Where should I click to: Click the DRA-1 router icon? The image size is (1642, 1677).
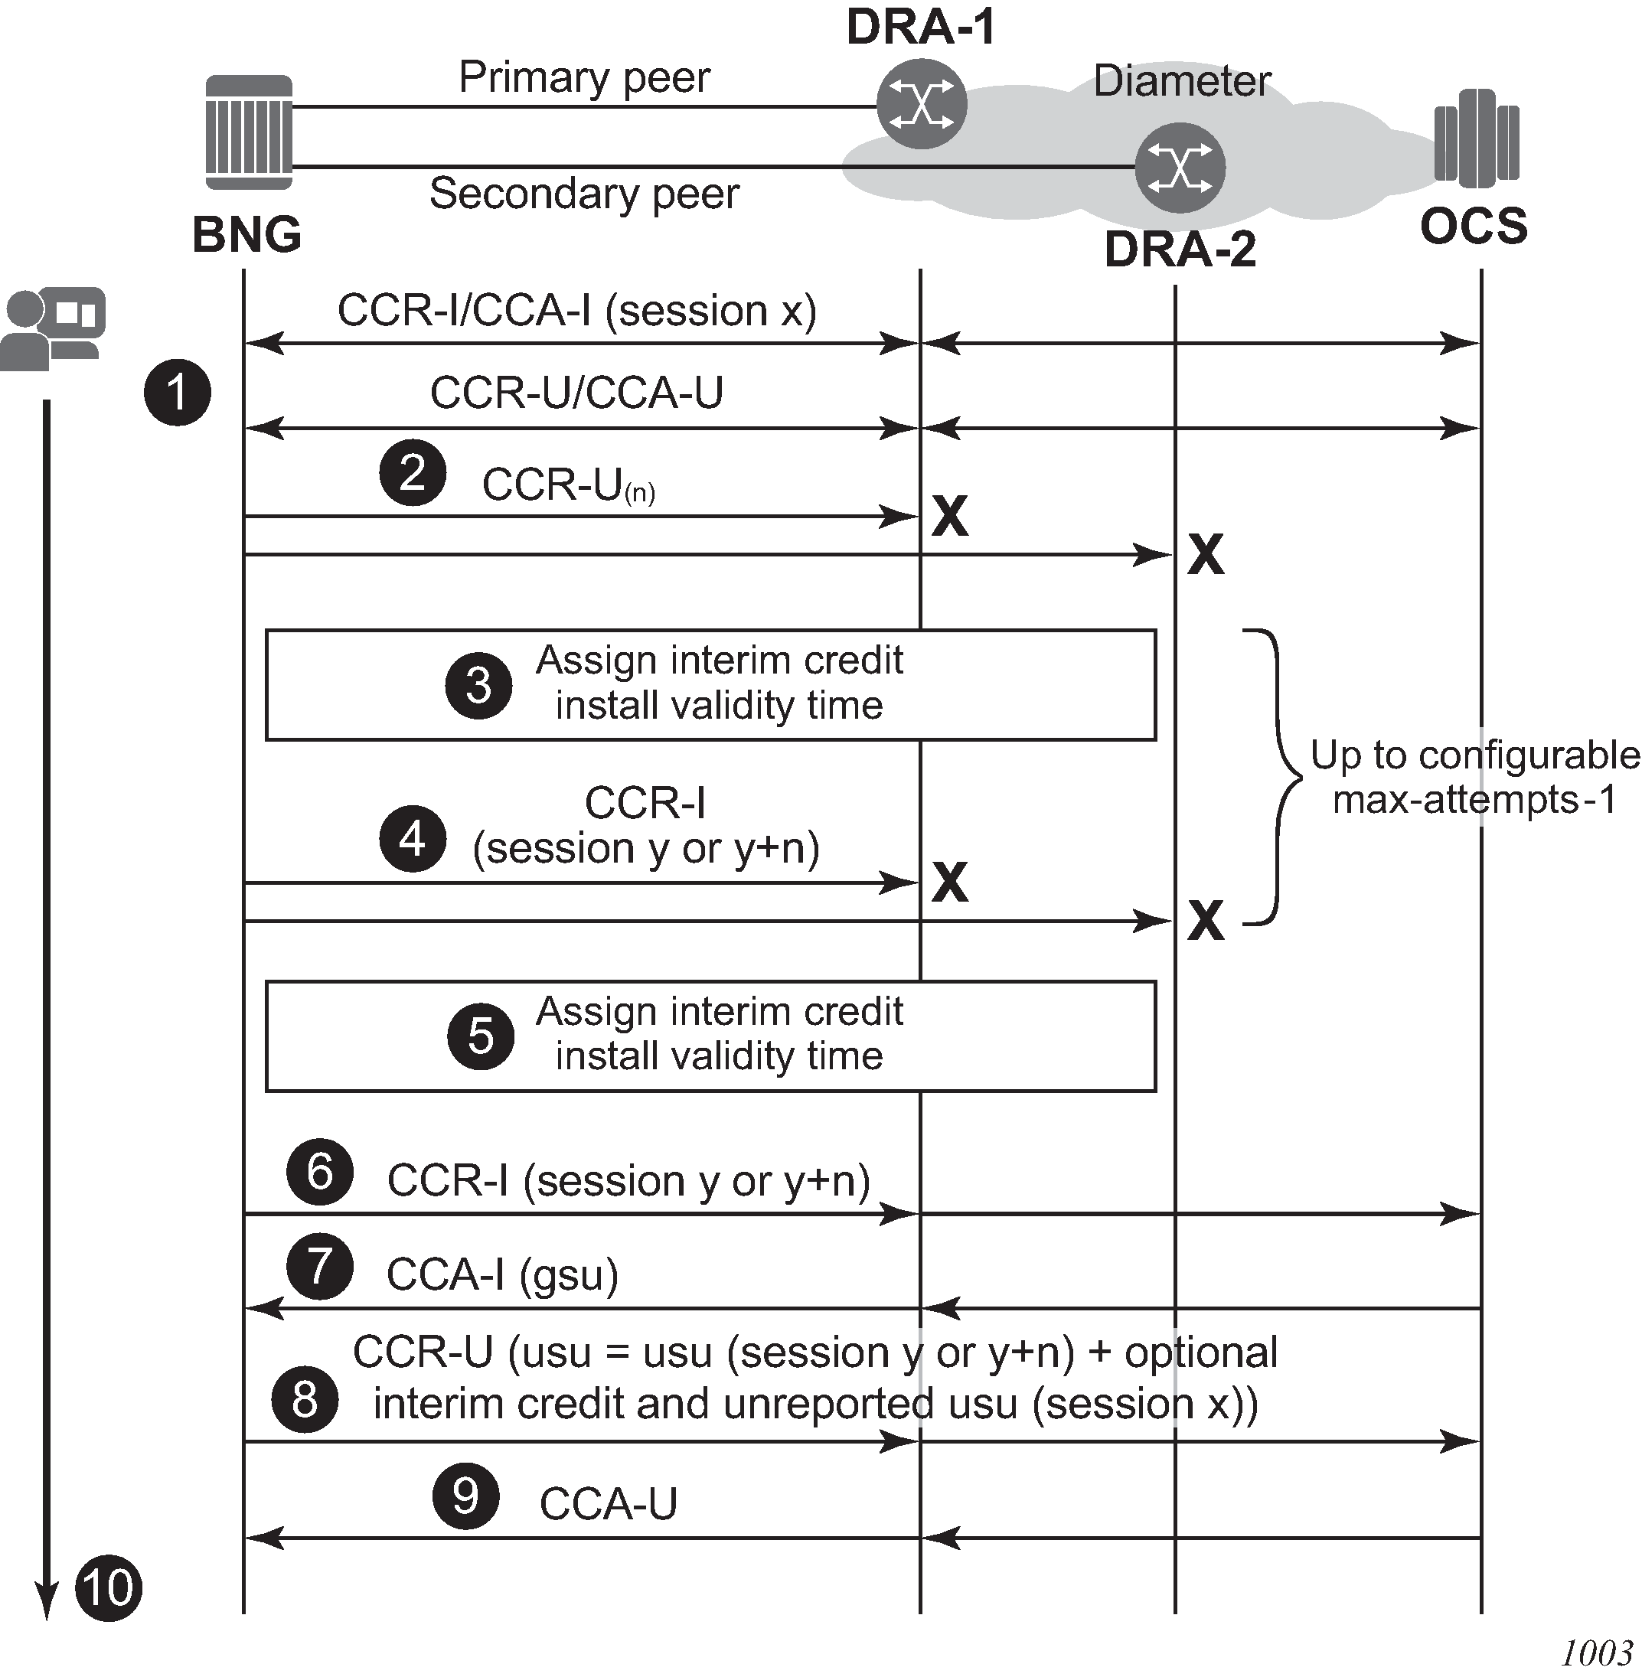(x=921, y=104)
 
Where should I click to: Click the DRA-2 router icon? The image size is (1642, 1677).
(x=1179, y=168)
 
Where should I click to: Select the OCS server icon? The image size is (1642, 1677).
(x=1476, y=138)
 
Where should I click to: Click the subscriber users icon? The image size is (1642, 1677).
(x=53, y=328)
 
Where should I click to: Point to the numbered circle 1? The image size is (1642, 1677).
(x=177, y=393)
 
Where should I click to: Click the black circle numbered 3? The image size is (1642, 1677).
(x=478, y=686)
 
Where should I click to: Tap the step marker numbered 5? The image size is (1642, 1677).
(x=481, y=1036)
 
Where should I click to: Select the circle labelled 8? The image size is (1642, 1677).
(x=305, y=1399)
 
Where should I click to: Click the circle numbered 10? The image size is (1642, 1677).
(x=109, y=1587)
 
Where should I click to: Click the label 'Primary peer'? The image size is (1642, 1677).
(x=584, y=77)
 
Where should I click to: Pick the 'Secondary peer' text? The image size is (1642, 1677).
(x=584, y=193)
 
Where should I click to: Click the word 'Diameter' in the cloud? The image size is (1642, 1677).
(x=1181, y=82)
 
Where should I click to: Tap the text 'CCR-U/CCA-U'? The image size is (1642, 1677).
(x=576, y=393)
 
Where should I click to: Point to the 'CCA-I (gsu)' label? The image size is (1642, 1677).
(x=502, y=1274)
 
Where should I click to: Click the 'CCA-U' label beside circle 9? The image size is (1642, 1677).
(x=608, y=1505)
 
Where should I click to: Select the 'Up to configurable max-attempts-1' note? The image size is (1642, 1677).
(x=1474, y=777)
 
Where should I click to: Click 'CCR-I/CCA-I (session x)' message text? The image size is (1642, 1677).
(x=576, y=311)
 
